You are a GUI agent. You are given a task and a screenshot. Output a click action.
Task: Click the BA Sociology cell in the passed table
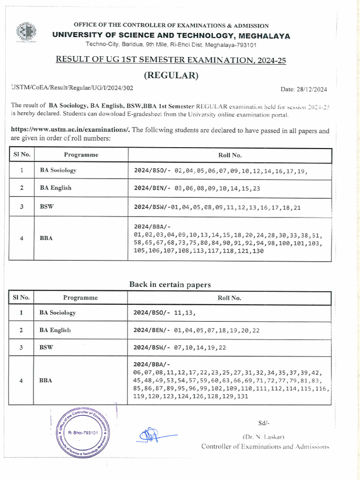58,171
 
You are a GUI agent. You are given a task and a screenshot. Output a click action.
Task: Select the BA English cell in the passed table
55,188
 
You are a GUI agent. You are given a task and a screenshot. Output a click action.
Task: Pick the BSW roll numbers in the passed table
217,207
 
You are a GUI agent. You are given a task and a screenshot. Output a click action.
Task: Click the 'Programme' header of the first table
81,155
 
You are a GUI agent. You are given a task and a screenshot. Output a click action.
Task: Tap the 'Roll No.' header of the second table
230,298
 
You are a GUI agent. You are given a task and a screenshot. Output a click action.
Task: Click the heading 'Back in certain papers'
170,285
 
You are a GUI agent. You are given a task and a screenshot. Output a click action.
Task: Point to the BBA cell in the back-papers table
46,381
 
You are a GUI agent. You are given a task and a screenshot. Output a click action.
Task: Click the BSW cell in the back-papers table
46,348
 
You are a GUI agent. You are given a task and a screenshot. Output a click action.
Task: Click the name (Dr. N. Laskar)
265,436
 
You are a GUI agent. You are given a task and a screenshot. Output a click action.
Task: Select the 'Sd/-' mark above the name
264,423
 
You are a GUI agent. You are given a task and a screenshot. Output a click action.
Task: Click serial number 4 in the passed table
22,238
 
